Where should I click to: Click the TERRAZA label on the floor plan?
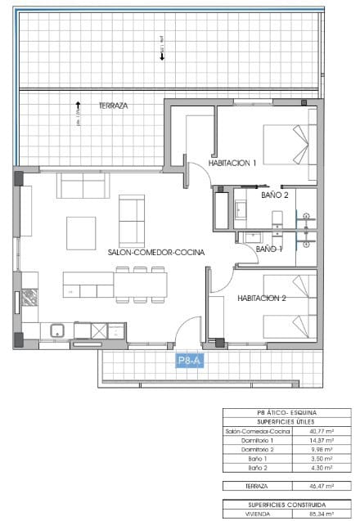pyautogui.click(x=113, y=106)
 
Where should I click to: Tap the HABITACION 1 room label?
pyautogui.click(x=232, y=164)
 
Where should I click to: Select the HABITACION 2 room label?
pyautogui.click(x=261, y=299)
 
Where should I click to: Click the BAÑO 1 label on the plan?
pyautogui.click(x=269, y=249)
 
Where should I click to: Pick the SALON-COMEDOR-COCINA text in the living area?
pyautogui.click(x=155, y=253)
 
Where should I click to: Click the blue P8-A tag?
pyautogui.click(x=190, y=360)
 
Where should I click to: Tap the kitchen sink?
pyautogui.click(x=58, y=330)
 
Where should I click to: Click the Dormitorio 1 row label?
pyautogui.click(x=258, y=441)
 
